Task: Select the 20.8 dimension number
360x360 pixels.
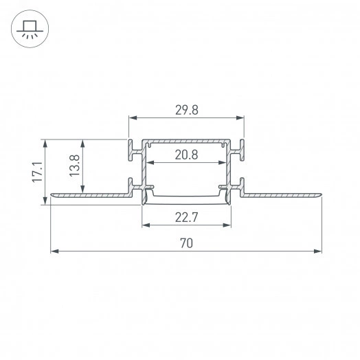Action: [186, 155]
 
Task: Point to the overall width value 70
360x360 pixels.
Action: [186, 243]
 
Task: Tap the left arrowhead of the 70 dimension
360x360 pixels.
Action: [54, 251]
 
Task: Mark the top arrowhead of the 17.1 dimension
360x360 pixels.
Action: [46, 144]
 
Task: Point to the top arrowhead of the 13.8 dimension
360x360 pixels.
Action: [83, 144]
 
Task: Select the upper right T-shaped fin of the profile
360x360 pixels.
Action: [241, 150]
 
